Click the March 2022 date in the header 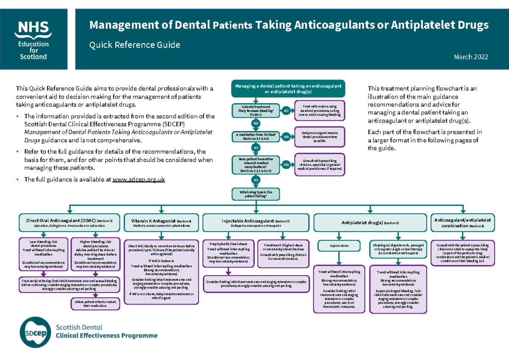471,57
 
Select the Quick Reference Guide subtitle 134,45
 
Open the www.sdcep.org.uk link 138,179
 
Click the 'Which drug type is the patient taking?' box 256,194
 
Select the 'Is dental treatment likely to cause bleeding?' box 256,111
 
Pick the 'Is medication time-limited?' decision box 256,137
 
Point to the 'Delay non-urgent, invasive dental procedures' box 320,137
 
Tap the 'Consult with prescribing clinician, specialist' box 320,165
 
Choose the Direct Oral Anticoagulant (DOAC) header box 70,223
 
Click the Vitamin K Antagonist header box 161,223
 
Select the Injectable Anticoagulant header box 256,223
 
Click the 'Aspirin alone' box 338,246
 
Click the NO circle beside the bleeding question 286,111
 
